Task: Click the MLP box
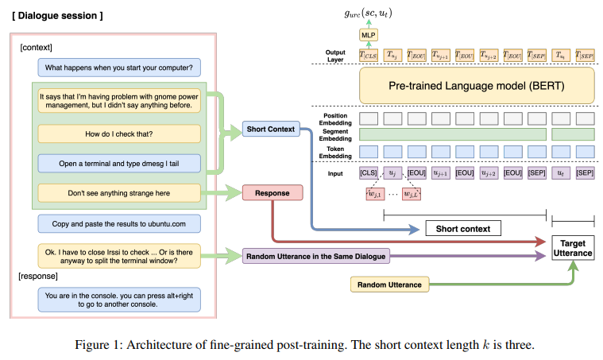coord(368,36)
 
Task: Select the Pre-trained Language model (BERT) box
coord(477,85)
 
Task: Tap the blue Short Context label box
coord(270,129)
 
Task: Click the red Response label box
coord(272,192)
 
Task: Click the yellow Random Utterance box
coord(386,283)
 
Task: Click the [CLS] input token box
coord(369,172)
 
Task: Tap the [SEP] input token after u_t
coord(585,172)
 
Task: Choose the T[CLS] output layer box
coord(369,55)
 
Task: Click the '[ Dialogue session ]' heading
coord(57,16)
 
